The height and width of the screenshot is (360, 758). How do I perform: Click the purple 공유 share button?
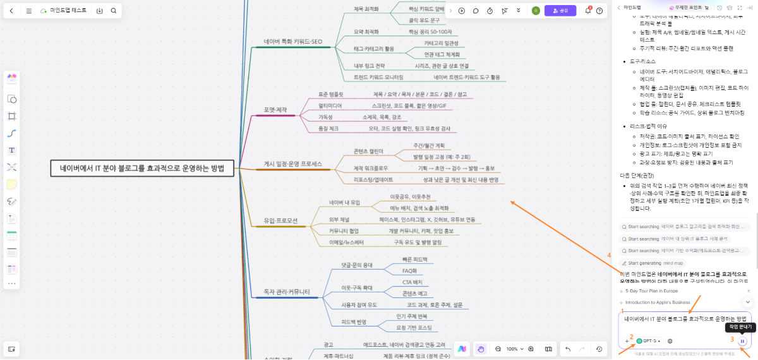tap(560, 11)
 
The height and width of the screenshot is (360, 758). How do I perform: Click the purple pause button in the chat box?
tap(743, 341)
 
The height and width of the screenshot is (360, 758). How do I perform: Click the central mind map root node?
tap(142, 169)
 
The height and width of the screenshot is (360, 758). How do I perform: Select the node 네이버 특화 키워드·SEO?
tap(293, 42)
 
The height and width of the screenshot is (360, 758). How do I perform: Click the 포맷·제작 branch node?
tap(275, 110)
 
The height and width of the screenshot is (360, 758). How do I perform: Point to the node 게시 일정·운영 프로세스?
tap(293, 164)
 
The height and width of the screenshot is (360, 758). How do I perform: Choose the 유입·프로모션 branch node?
tap(280, 222)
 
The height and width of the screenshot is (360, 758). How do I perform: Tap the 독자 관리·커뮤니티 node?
tap(287, 292)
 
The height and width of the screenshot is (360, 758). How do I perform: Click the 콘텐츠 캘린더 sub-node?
tap(369, 152)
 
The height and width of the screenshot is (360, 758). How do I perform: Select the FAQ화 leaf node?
tap(409, 271)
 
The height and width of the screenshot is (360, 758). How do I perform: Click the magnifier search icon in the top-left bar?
tap(114, 11)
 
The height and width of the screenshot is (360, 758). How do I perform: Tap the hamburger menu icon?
tap(29, 11)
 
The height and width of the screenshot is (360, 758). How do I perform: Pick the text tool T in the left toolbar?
tap(11, 150)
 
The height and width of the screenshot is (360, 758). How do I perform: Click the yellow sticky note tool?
tap(11, 184)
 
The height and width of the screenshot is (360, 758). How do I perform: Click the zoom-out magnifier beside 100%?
tap(498, 349)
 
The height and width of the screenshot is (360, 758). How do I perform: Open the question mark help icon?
tap(599, 11)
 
